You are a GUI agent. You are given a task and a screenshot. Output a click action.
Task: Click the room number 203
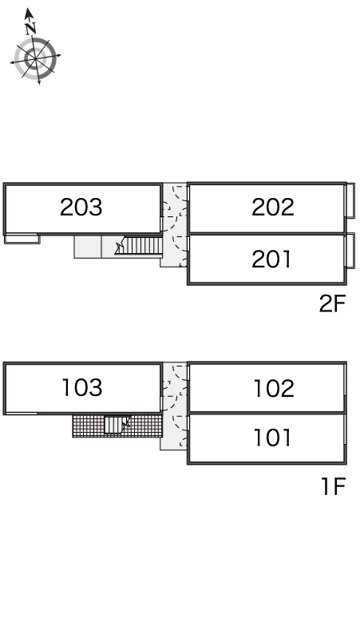tap(81, 207)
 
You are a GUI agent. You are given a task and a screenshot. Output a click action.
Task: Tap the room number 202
tap(273, 207)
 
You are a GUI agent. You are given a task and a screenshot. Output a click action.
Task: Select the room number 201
tap(271, 259)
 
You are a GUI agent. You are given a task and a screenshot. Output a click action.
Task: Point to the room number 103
tap(82, 387)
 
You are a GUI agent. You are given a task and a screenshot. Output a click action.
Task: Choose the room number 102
tap(274, 389)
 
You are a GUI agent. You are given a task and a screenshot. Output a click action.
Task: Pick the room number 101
tap(272, 438)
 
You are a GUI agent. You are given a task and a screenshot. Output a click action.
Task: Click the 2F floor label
tap(332, 303)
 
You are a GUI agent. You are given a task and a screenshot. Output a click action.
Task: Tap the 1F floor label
tap(334, 486)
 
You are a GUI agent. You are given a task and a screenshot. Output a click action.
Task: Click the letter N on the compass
tap(30, 28)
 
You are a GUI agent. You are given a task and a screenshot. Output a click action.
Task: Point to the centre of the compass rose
tap(35, 59)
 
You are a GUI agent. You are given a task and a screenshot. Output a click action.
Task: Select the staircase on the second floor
tap(143, 246)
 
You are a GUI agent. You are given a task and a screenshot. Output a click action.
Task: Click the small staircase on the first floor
tap(114, 425)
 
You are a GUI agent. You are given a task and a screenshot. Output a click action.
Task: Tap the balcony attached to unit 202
tap(350, 200)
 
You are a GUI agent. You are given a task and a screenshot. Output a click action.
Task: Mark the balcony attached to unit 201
tap(350, 251)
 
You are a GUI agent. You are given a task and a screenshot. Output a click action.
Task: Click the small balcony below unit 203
tap(22, 239)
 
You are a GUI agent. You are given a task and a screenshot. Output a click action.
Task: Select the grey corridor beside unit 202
tap(175, 224)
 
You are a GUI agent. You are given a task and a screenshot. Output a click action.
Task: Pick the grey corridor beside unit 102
tap(175, 406)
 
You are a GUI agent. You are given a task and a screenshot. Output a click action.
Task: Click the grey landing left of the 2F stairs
tap(88, 248)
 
